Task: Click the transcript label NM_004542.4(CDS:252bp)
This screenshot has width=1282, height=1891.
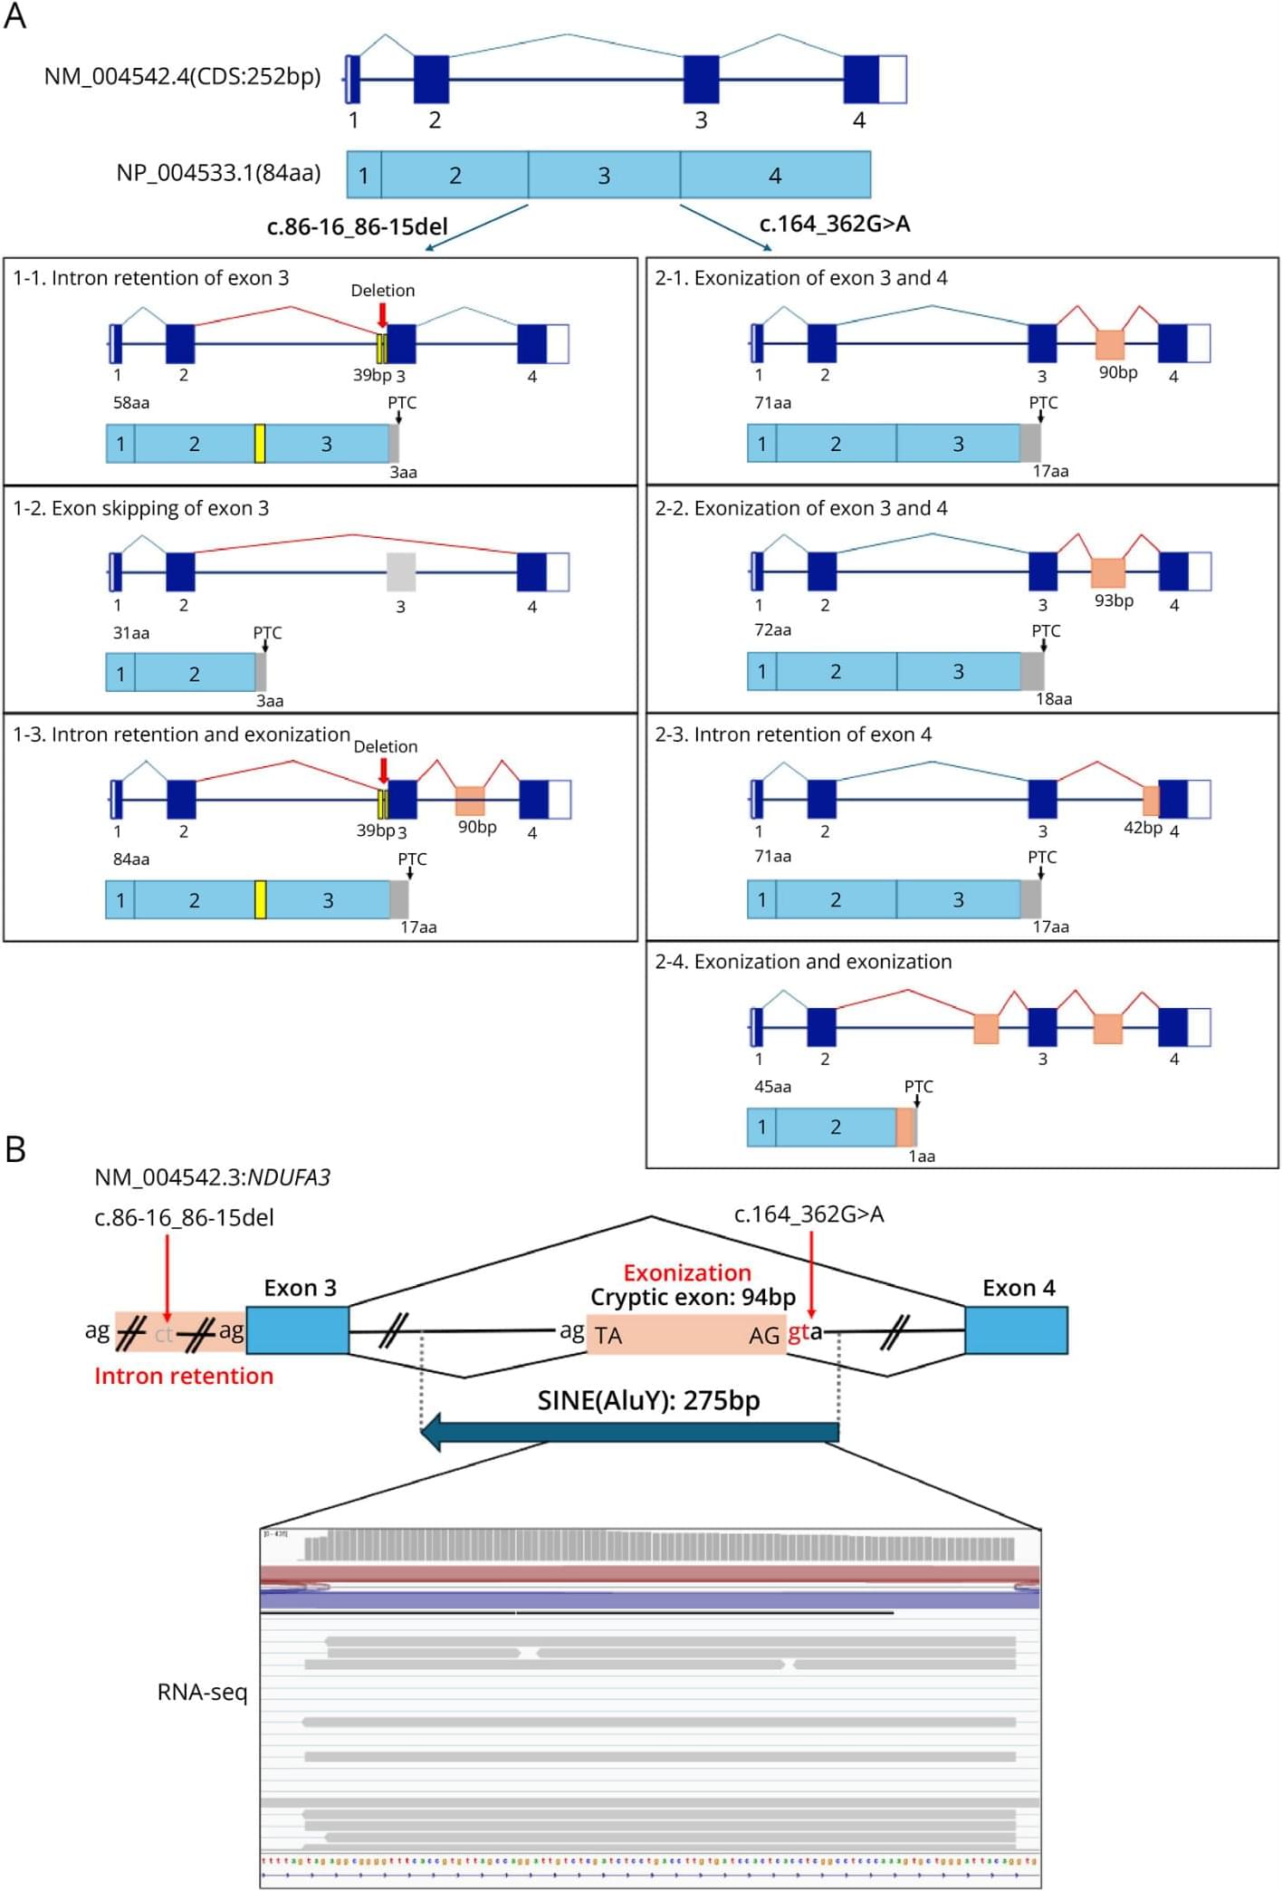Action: [182, 76]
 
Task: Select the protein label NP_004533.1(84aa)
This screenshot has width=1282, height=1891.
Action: [218, 172]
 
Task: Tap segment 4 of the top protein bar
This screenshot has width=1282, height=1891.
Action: [775, 175]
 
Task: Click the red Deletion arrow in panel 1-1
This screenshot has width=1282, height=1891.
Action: [383, 314]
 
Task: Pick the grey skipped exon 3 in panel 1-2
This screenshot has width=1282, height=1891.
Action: [400, 572]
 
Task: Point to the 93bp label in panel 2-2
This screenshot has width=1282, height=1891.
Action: [1114, 600]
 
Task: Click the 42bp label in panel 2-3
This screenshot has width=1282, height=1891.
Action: [1143, 828]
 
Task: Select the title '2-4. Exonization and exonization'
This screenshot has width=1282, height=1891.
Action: [803, 962]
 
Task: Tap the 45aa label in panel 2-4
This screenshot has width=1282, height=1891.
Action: [772, 1087]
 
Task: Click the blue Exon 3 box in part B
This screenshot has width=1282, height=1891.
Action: [297, 1330]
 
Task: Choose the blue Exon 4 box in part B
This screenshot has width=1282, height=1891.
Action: [1016, 1330]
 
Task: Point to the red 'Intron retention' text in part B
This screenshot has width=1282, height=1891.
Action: [184, 1376]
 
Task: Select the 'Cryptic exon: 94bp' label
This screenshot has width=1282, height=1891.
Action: [693, 1297]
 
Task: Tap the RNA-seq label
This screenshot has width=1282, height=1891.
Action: [202, 1692]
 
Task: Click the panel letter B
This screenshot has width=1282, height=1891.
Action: [15, 1149]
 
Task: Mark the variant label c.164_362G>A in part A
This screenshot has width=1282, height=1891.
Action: [834, 224]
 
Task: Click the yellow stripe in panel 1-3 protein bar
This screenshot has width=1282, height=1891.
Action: [260, 899]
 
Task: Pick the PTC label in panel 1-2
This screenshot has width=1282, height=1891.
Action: [267, 632]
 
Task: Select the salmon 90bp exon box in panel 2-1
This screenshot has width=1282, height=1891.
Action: [1109, 344]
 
